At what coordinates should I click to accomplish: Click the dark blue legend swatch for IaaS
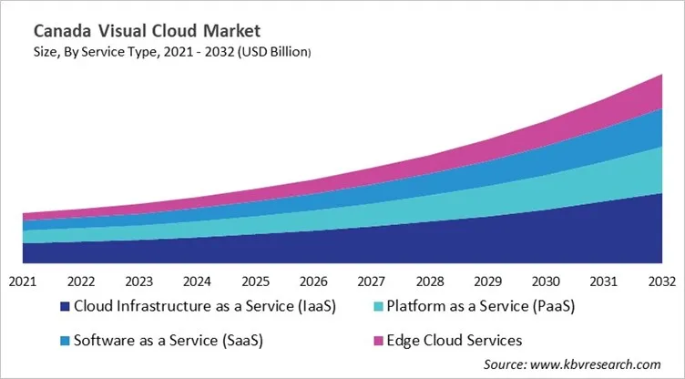[x=64, y=308]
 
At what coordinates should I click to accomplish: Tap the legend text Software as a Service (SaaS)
[x=169, y=340]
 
